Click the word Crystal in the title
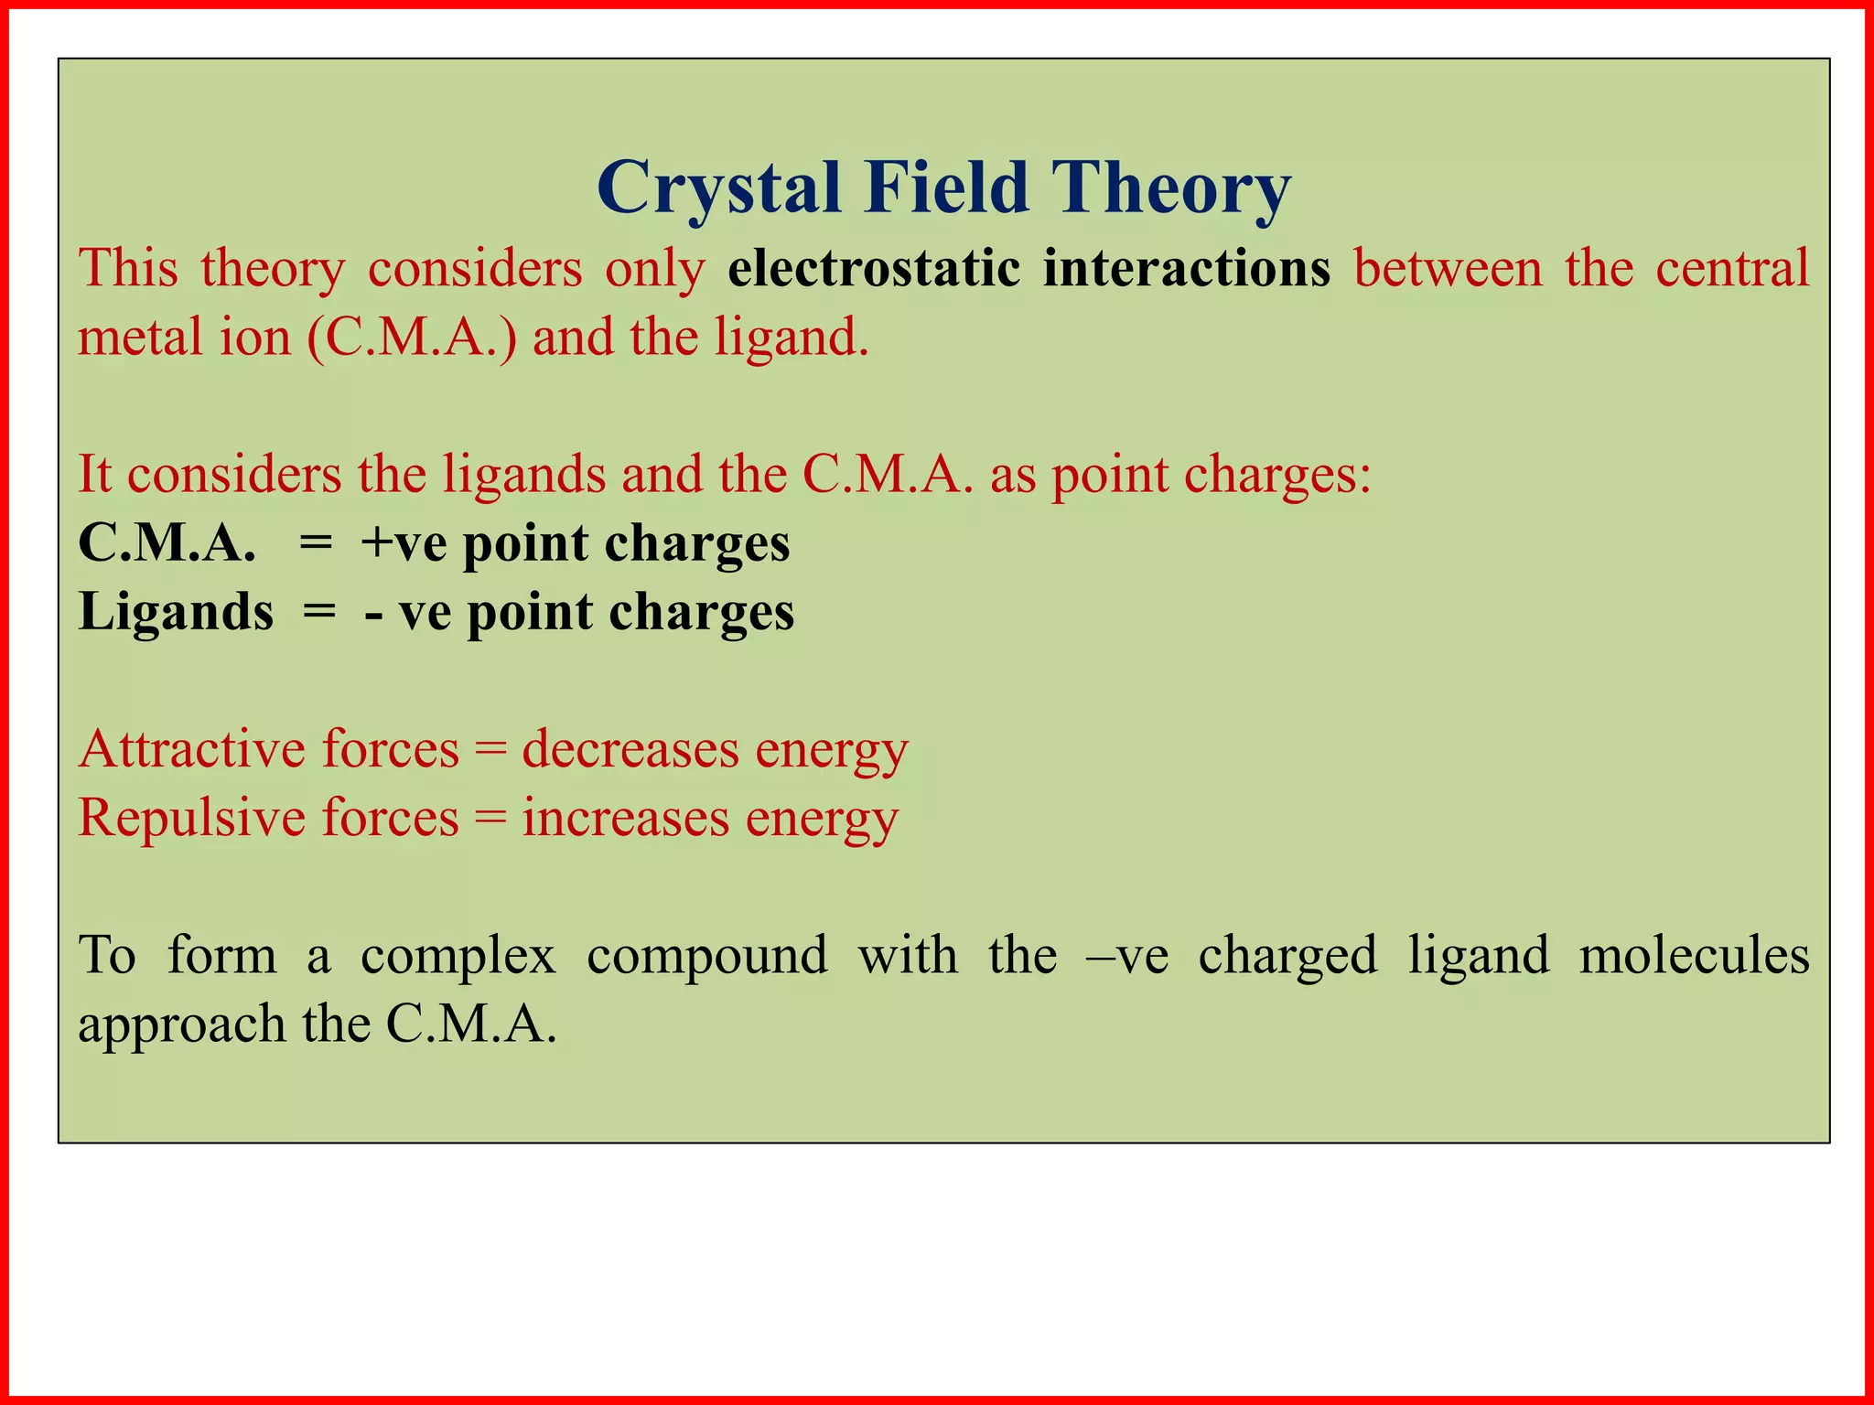click(718, 188)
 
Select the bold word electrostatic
click(874, 268)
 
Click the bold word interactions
click(1187, 268)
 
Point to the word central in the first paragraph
click(1732, 268)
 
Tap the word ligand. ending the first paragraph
click(792, 338)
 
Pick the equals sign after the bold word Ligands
click(319, 611)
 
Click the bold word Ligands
click(176, 613)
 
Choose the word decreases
click(630, 749)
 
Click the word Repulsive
click(191, 818)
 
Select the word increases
click(625, 818)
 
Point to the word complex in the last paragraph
click(458, 957)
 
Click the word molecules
click(1694, 955)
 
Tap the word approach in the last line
click(181, 1025)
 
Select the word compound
click(706, 957)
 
